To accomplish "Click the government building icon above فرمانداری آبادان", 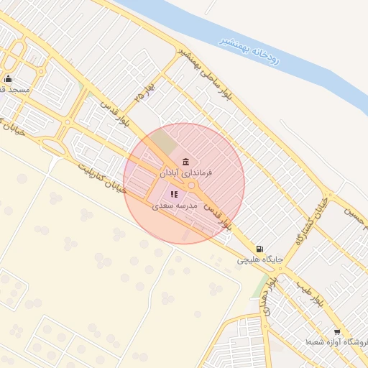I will (186, 160).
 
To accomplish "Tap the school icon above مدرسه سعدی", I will (173, 193).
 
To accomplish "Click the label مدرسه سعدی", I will (175, 205).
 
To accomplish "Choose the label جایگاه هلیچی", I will (260, 259).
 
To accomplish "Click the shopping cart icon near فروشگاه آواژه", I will (337, 331).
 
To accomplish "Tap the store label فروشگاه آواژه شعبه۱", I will (336, 342).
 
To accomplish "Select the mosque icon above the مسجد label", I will (8, 79).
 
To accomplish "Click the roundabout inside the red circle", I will (191, 185).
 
